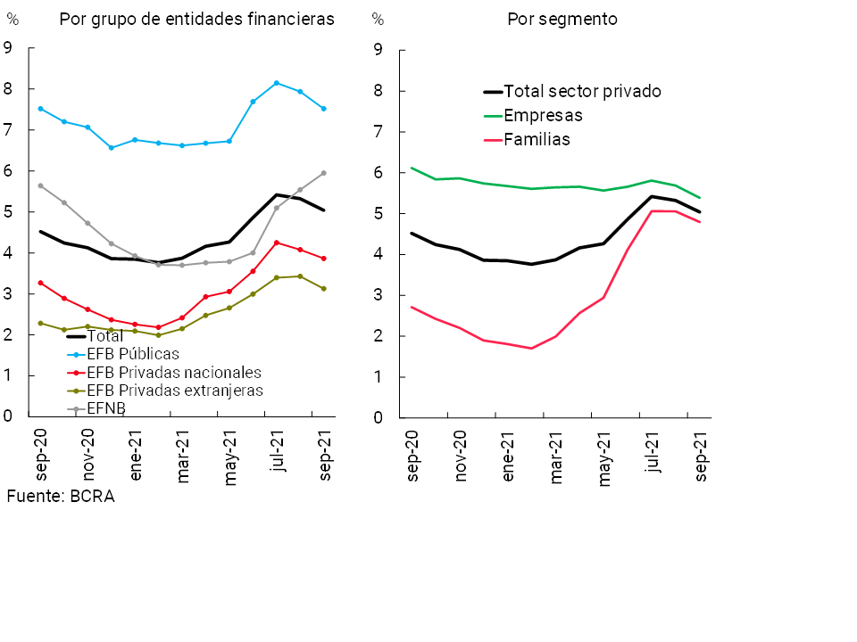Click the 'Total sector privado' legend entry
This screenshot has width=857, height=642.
point(582,91)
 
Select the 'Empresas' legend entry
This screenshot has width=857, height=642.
point(543,115)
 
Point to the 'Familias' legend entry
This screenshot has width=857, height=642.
point(537,139)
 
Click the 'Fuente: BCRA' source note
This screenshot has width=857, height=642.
point(61,497)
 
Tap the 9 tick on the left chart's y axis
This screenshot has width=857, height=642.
point(9,48)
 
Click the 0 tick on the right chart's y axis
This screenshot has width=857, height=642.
point(379,417)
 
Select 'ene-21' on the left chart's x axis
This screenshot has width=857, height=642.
point(136,457)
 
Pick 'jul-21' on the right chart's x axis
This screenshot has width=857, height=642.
point(653,457)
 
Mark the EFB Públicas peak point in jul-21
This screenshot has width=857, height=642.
point(277,83)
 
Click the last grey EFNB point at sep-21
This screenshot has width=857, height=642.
point(323,173)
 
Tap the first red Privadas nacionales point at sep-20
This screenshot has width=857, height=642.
point(40,283)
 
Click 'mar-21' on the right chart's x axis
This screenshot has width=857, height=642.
point(557,457)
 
